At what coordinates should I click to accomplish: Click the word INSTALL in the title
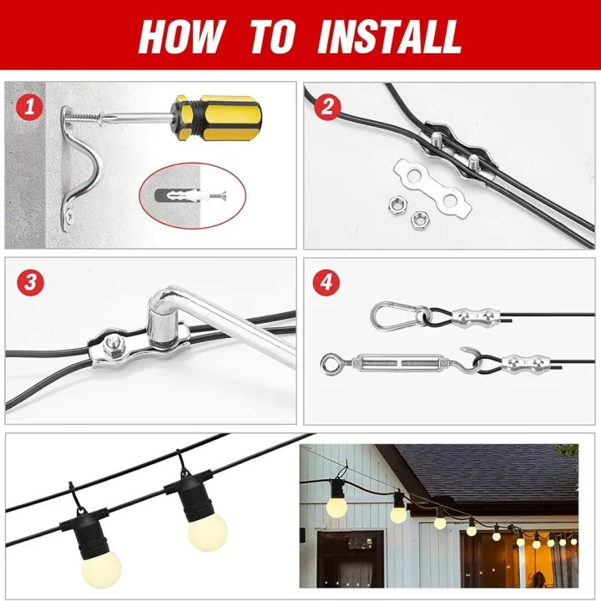(389, 37)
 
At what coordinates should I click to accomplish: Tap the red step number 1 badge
(32, 107)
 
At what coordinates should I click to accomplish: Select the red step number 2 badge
(327, 107)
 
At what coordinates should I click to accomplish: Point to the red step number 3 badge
(32, 282)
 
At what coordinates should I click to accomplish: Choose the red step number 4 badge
(327, 282)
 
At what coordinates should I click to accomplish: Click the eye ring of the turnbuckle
(330, 364)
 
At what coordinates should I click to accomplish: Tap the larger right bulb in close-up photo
(206, 528)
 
